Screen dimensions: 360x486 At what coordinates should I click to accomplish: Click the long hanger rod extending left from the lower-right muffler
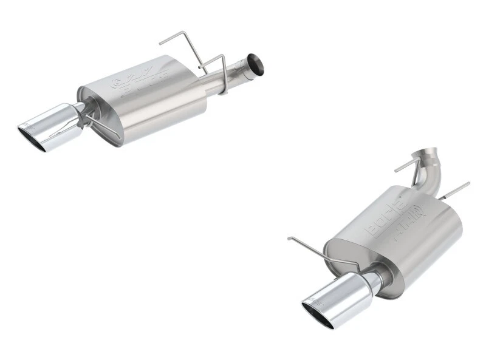pyautogui.click(x=316, y=250)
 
